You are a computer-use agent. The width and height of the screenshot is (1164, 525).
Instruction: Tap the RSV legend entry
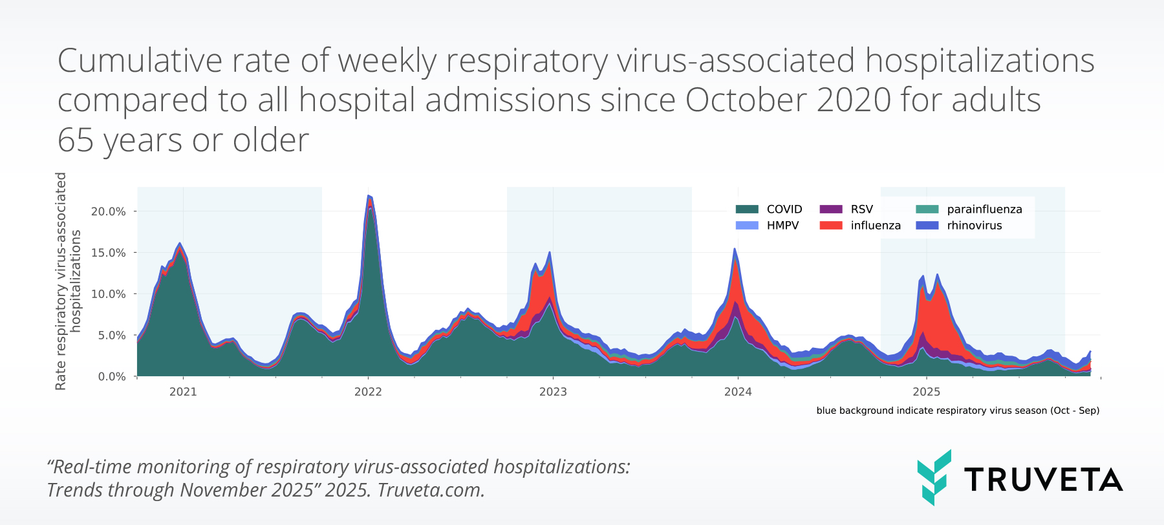846,209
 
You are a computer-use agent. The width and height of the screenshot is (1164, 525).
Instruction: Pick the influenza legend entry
860,225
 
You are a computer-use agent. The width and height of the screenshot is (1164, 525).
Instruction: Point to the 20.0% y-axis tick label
108,211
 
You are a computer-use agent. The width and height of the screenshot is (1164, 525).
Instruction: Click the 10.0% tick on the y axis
108,294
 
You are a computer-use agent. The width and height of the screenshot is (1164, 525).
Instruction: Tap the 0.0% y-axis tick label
111,376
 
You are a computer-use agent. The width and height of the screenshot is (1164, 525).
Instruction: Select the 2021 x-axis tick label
183,392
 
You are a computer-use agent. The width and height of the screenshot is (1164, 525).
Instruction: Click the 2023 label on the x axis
553,392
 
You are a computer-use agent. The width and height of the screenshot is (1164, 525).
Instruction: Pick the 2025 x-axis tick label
926,392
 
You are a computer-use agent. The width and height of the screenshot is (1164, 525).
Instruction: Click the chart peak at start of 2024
735,250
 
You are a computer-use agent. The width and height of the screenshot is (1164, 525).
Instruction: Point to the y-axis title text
68,281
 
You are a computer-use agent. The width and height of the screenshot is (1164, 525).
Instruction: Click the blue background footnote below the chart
957,411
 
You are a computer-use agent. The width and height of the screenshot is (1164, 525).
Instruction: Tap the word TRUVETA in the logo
1043,479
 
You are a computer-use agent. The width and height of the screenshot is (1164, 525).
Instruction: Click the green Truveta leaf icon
934,477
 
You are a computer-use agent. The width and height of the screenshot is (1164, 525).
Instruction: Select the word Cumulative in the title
140,61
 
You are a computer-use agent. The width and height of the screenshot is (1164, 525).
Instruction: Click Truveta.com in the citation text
431,490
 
